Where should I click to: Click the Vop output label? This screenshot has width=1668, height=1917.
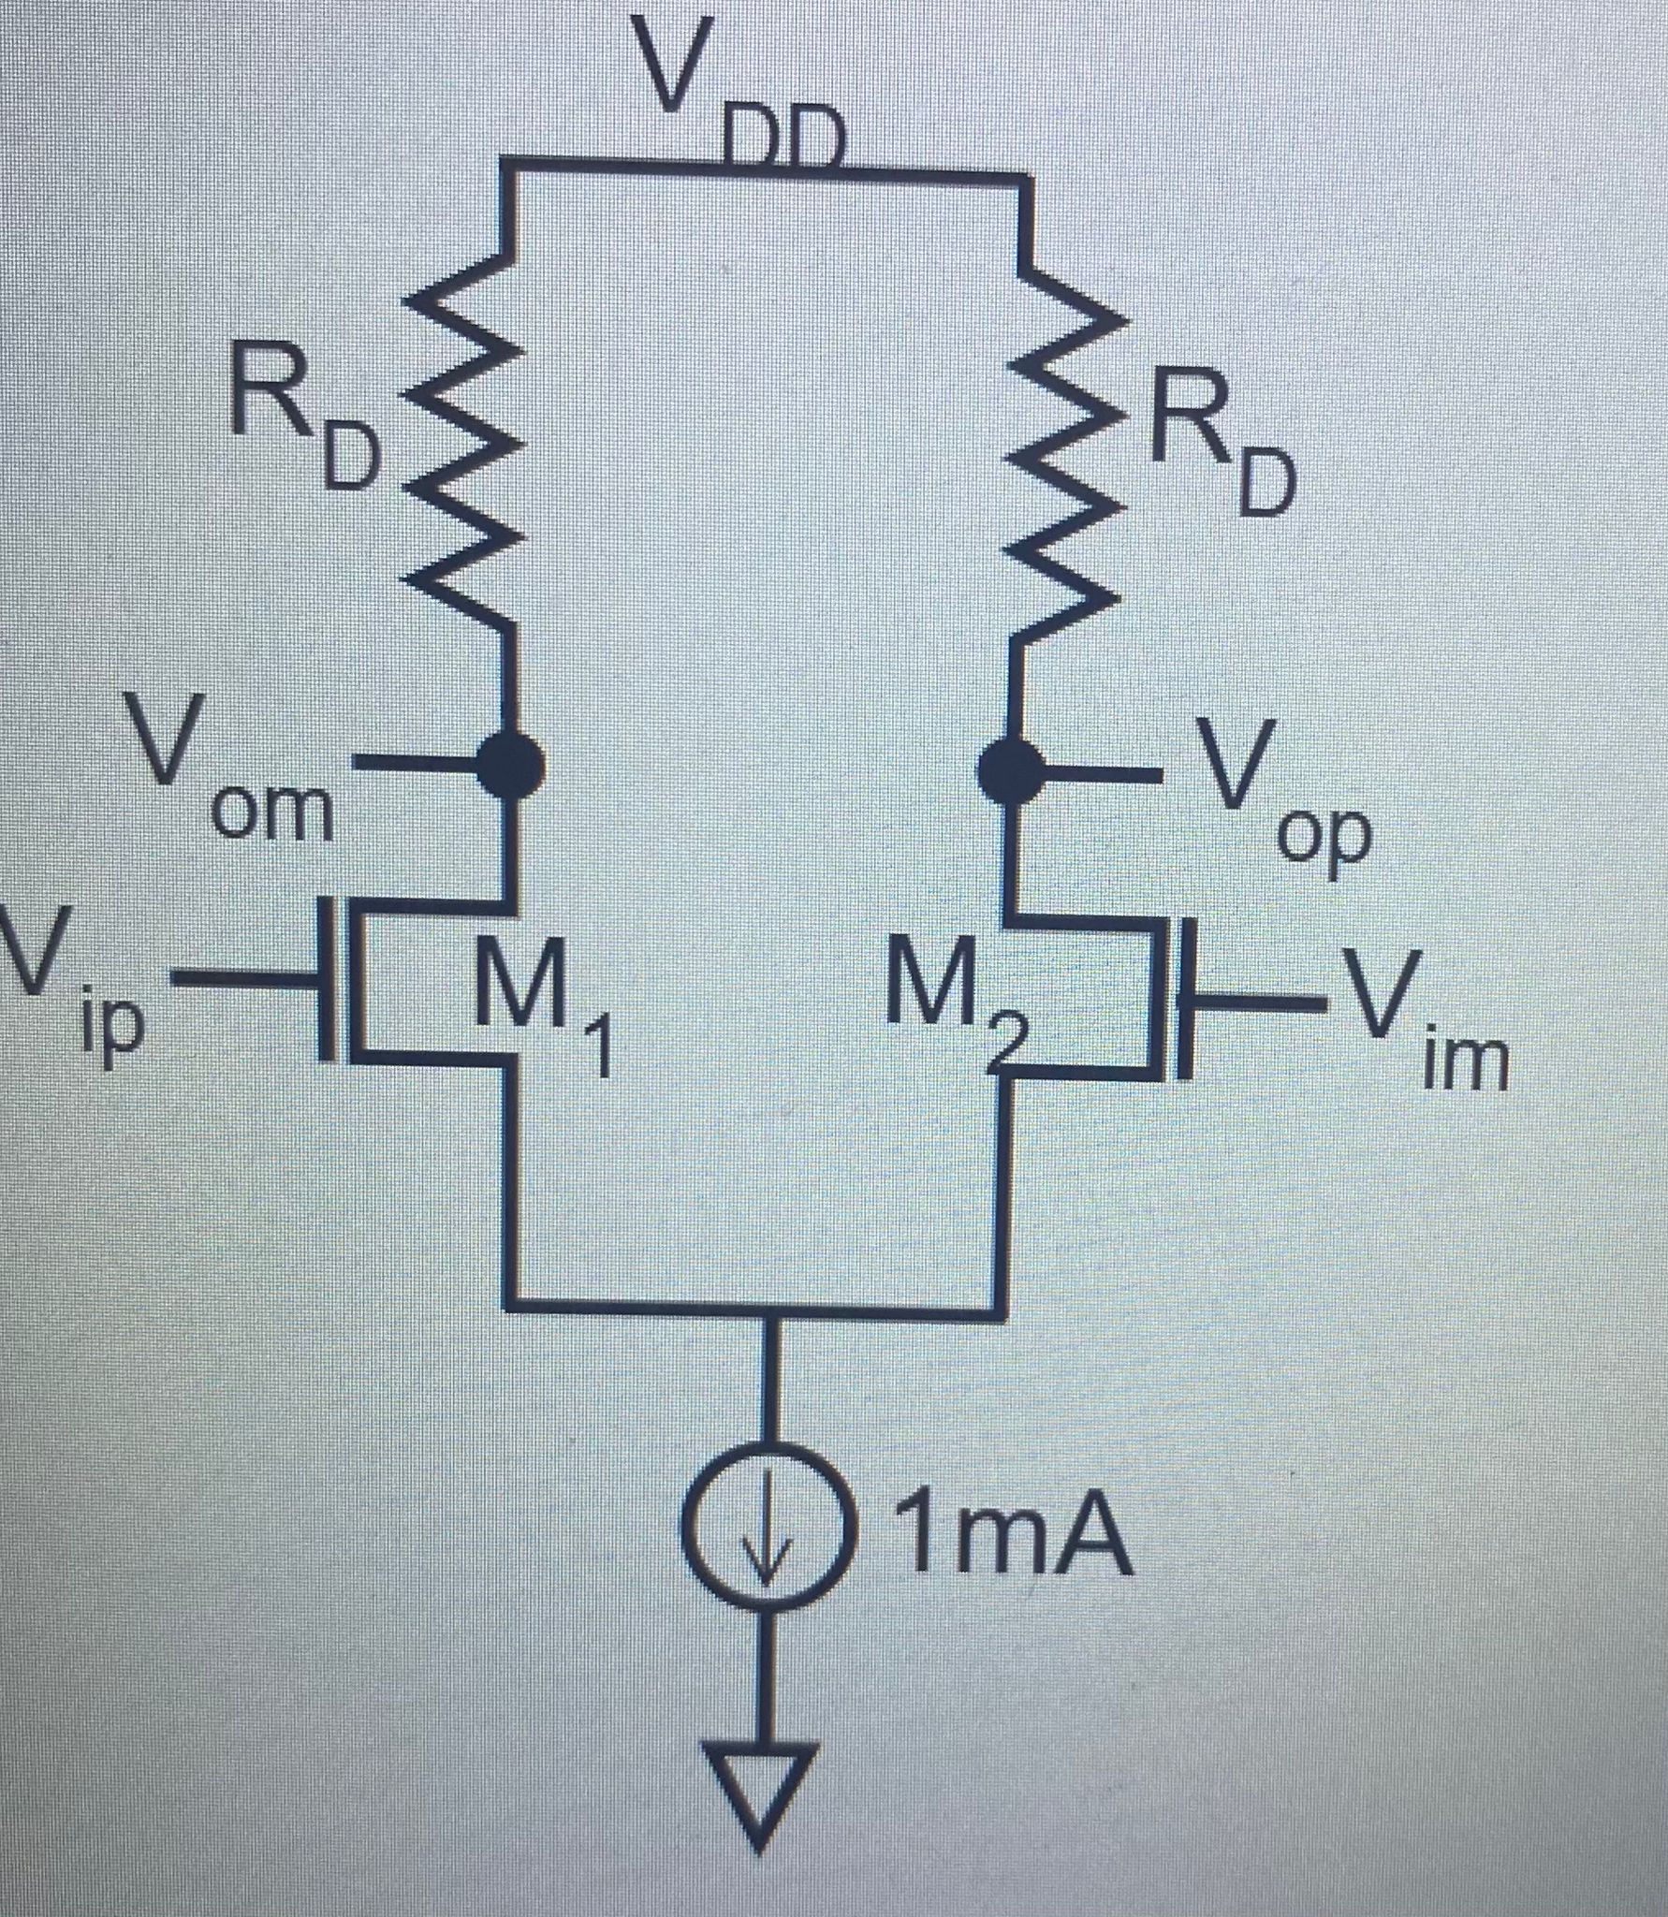point(1282,791)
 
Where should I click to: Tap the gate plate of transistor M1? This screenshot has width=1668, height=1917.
point(325,978)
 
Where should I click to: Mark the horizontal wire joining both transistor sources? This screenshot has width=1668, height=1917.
point(749,1310)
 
